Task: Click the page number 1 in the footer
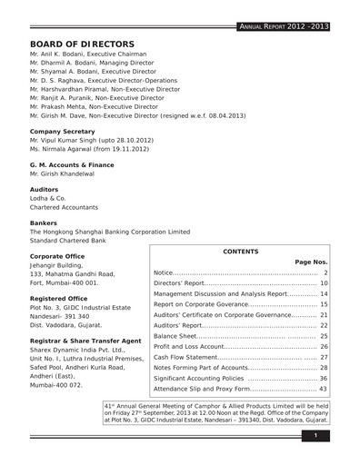314,438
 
